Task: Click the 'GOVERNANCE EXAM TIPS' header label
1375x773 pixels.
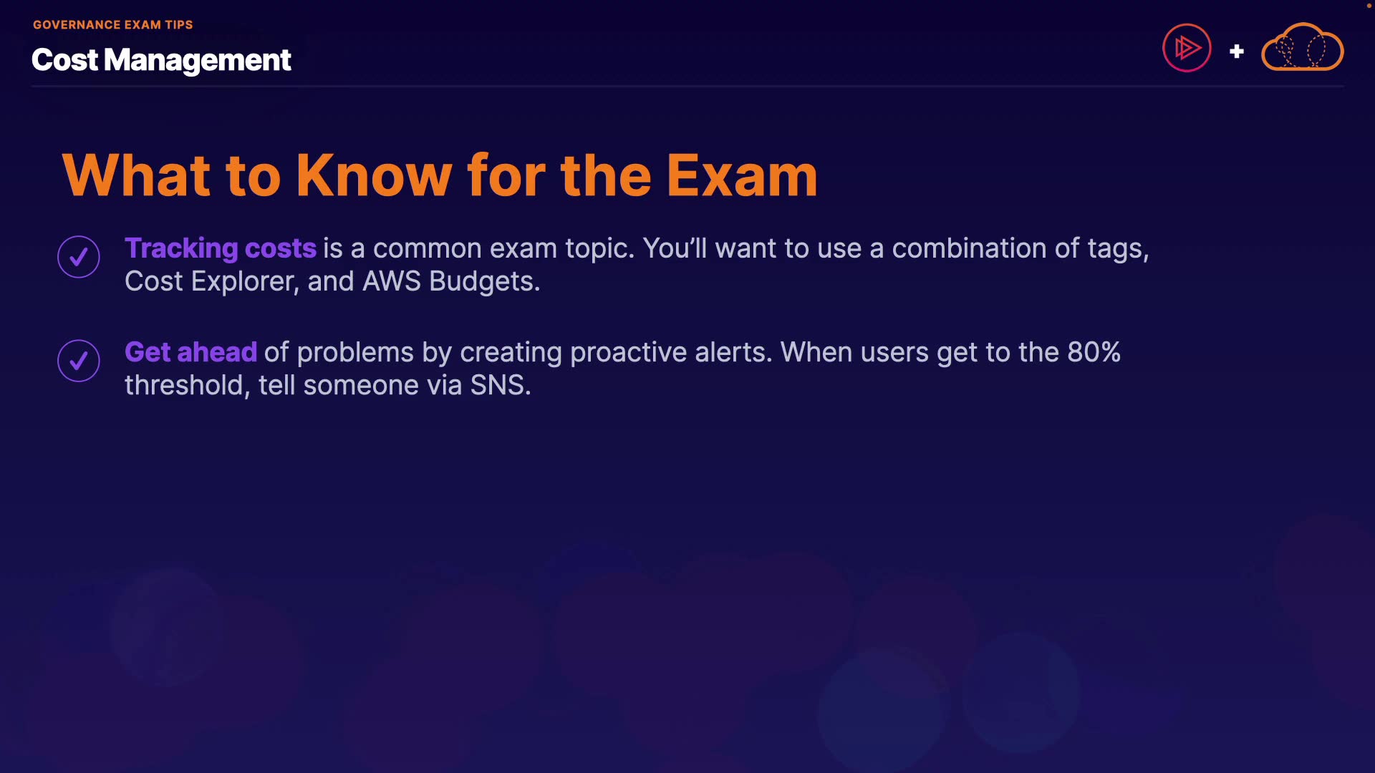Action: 112,25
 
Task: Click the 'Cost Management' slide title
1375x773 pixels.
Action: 161,60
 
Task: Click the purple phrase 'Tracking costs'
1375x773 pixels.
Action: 221,248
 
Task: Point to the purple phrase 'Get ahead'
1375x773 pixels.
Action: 190,352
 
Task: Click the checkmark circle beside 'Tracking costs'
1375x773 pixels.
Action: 79,257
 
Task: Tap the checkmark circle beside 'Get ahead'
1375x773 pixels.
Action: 79,361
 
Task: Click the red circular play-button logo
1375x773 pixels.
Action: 1187,48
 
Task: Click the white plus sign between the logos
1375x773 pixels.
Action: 1237,52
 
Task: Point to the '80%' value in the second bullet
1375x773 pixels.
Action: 1094,352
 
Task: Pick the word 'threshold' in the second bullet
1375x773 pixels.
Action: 184,385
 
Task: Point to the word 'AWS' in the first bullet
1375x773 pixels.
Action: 391,281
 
